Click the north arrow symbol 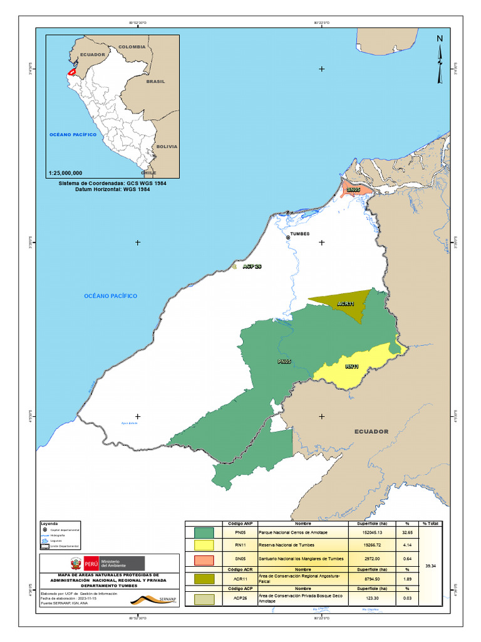440,59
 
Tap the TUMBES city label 299,233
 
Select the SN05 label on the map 354,189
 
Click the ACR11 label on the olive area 346,304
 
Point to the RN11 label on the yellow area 352,367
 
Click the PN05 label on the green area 284,362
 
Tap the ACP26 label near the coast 252,266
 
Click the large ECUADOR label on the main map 371,431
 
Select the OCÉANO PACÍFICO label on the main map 111,295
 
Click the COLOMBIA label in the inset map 132,47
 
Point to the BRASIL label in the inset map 155,82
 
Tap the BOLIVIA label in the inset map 167,146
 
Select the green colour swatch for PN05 204,532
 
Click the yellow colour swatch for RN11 204,545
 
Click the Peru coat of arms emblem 75,562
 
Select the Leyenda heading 49,523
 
